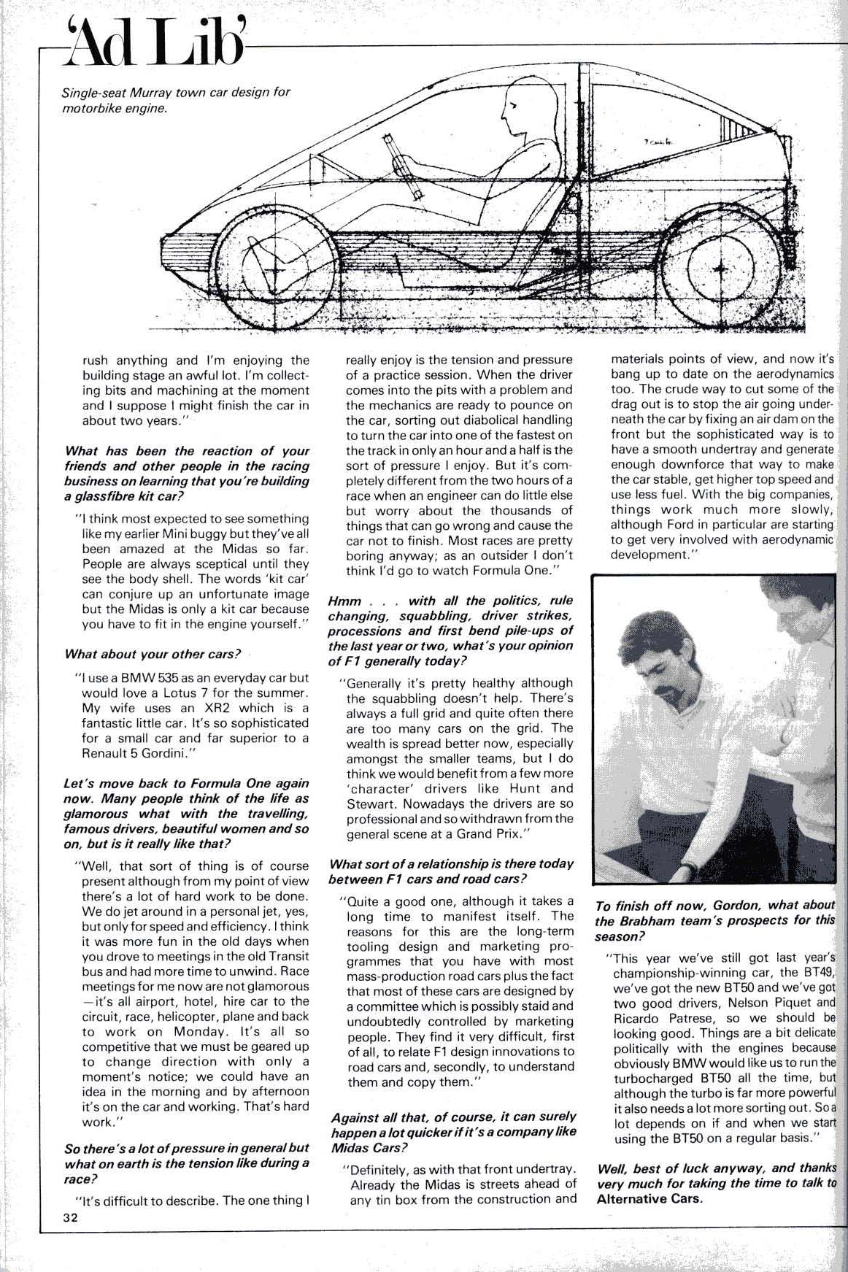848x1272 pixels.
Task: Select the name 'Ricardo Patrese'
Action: (x=656, y=1017)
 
